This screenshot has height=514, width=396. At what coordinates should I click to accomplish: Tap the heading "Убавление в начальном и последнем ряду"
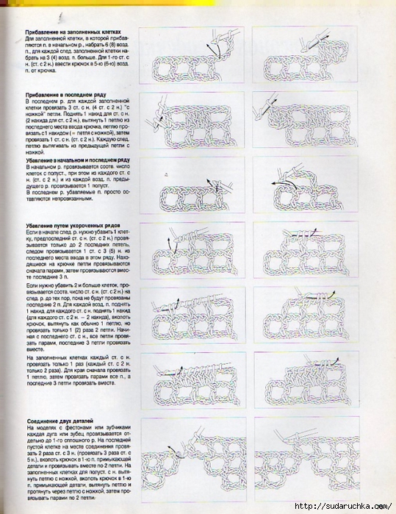coord(77,160)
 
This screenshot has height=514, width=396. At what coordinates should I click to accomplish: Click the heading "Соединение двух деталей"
coord(59,420)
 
